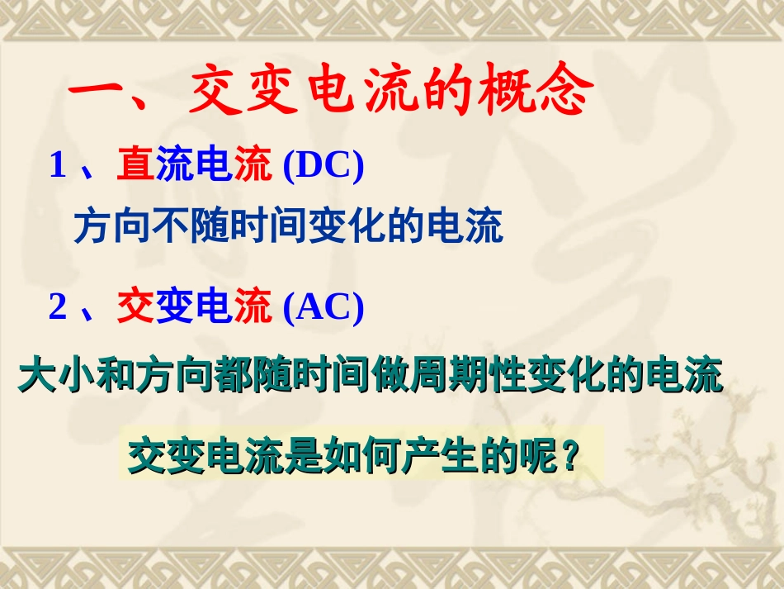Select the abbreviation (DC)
click(x=323, y=167)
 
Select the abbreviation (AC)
click(x=323, y=308)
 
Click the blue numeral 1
click(x=58, y=167)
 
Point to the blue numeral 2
click(x=58, y=308)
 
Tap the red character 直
click(x=135, y=167)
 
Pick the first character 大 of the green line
click(x=37, y=376)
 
